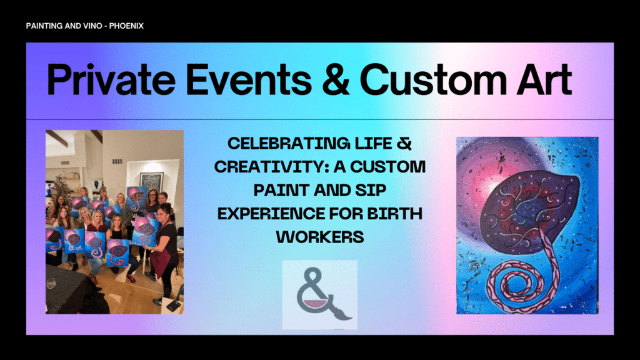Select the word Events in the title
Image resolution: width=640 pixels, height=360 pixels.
249,79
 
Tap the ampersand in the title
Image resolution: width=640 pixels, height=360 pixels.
336,79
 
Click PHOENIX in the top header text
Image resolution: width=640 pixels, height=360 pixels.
126,26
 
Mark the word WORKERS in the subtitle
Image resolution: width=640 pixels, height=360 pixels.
320,237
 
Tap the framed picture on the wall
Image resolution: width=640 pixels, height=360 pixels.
151,182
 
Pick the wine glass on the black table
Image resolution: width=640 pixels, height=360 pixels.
51,282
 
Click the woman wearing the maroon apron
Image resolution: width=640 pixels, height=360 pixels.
165,253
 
